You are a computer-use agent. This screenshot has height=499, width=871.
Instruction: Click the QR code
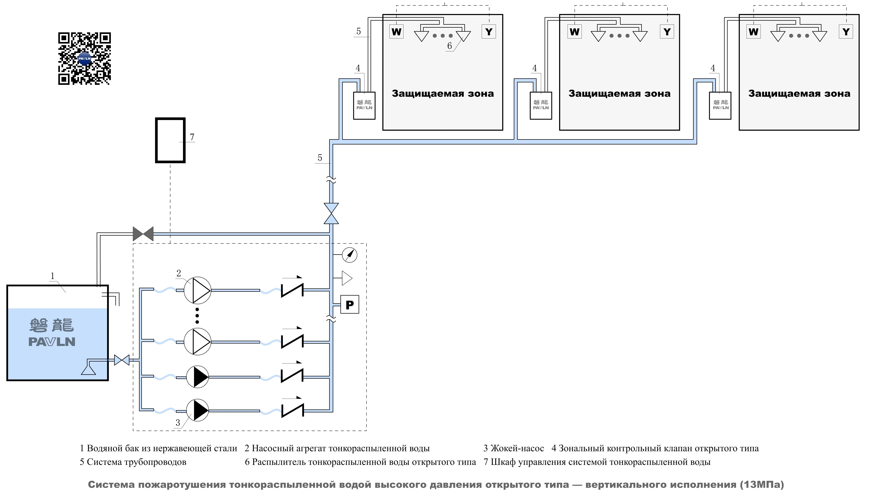[84, 59]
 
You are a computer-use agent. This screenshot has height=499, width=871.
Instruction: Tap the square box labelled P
[350, 304]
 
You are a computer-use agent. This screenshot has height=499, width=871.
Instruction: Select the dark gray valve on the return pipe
[143, 234]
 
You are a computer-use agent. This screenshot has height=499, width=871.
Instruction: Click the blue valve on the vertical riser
[331, 214]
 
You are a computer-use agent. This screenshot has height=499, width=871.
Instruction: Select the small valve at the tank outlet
[122, 360]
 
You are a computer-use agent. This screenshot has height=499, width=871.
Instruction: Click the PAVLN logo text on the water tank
[52, 342]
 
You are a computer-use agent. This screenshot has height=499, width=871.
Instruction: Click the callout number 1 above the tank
[53, 276]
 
